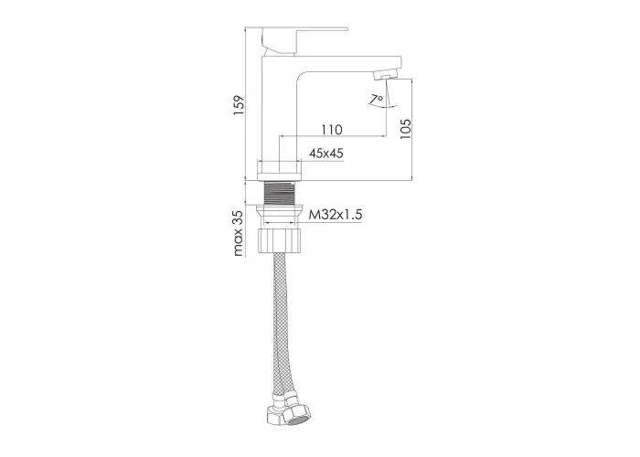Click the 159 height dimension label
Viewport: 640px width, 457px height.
pyautogui.click(x=239, y=105)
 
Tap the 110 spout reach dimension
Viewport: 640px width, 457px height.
pyautogui.click(x=331, y=130)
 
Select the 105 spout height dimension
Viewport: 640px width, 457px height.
pyautogui.click(x=406, y=129)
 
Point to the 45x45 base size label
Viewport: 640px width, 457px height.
pyautogui.click(x=326, y=154)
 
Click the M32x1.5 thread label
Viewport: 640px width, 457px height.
pyautogui.click(x=336, y=215)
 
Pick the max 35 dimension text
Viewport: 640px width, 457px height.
pyautogui.click(x=239, y=233)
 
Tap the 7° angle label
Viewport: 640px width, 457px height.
pyautogui.click(x=377, y=99)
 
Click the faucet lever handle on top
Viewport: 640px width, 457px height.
pyautogui.click(x=304, y=40)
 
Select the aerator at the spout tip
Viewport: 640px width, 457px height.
pyautogui.click(x=385, y=75)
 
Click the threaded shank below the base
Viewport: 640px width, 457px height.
pyautogui.click(x=279, y=192)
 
